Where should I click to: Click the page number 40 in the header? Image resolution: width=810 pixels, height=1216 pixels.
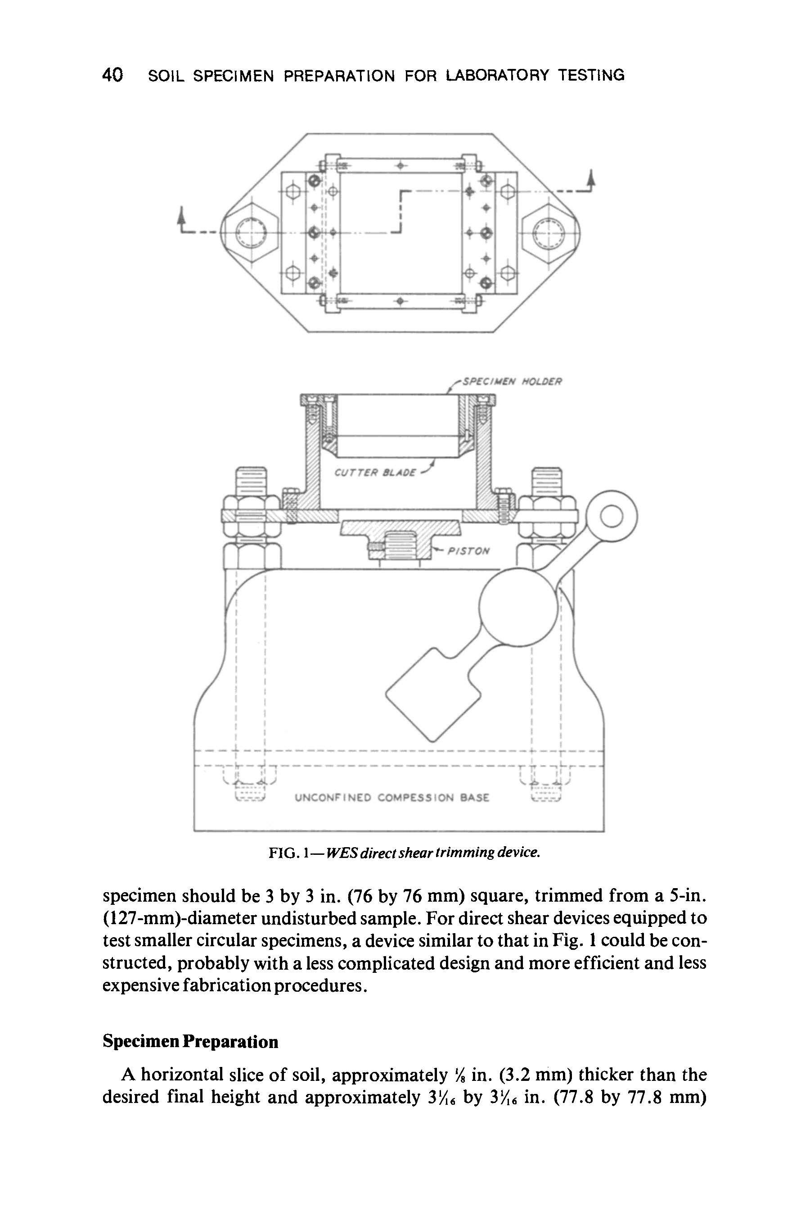(112, 76)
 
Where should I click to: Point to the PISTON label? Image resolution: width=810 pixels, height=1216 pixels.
(468, 551)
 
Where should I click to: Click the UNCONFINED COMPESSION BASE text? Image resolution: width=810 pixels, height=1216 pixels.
(391, 798)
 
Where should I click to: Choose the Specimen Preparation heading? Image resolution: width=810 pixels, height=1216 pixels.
(190, 1041)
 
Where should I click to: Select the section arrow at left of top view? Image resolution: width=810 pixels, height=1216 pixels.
(181, 217)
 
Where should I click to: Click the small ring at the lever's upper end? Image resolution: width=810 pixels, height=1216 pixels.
(612, 516)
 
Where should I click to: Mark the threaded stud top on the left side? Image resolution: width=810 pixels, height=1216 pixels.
(251, 480)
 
